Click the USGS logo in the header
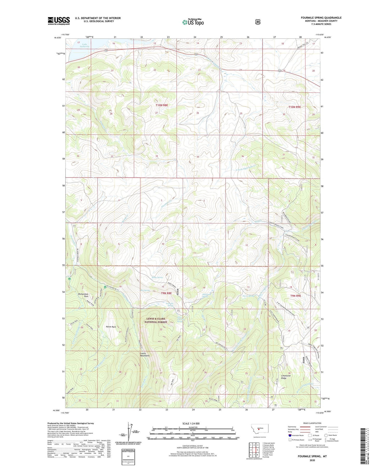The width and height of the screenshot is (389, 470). click(x=59, y=20)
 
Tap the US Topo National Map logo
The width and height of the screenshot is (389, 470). click(x=193, y=22)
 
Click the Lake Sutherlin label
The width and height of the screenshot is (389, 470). click(x=84, y=45)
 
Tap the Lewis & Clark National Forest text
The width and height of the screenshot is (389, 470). click(x=156, y=320)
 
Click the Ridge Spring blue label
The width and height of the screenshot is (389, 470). click(x=157, y=277)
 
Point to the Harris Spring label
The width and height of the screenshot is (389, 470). click(x=248, y=296)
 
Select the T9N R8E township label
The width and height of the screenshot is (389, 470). click(x=166, y=293)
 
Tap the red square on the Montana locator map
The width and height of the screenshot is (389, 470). click(x=258, y=432)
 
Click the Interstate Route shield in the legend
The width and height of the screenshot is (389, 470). click(x=290, y=435)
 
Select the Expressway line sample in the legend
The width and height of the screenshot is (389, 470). click(x=305, y=427)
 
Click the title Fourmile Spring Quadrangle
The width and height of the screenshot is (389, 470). click(x=321, y=18)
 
